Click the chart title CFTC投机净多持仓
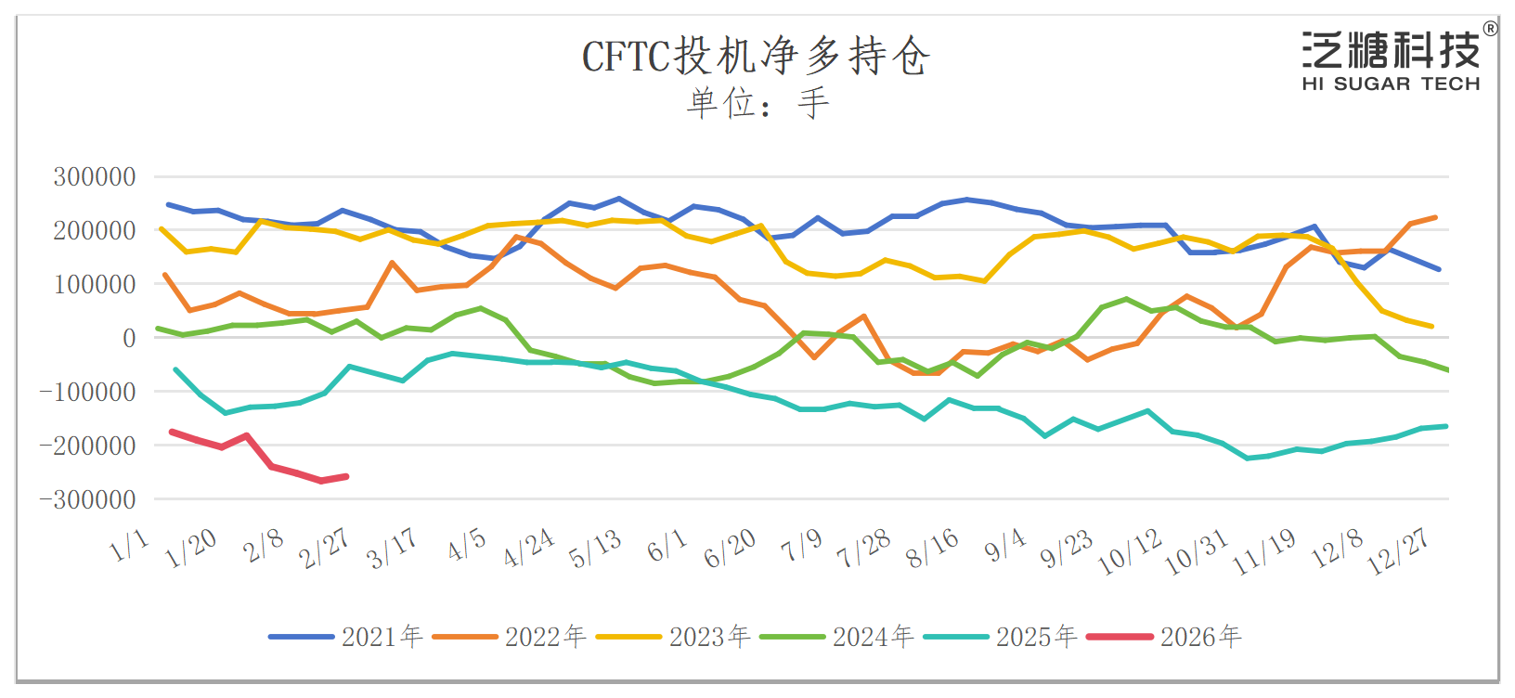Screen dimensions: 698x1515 [x=756, y=57]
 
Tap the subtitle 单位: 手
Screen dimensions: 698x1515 [x=756, y=102]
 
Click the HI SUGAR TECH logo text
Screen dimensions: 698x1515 [x=1390, y=84]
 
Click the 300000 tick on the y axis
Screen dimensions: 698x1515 [x=95, y=176]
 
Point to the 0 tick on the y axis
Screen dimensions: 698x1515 [x=129, y=338]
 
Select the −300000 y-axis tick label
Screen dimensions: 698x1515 [x=88, y=499]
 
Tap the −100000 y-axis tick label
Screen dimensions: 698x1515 [x=88, y=392]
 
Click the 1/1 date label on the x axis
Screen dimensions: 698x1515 [x=130, y=546]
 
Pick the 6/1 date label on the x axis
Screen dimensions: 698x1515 [x=667, y=546]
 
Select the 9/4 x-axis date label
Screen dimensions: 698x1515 [x=1005, y=546]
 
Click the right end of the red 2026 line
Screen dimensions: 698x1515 [x=346, y=476]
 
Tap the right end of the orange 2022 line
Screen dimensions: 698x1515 [x=1435, y=217]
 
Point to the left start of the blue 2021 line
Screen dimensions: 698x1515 [x=168, y=204]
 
